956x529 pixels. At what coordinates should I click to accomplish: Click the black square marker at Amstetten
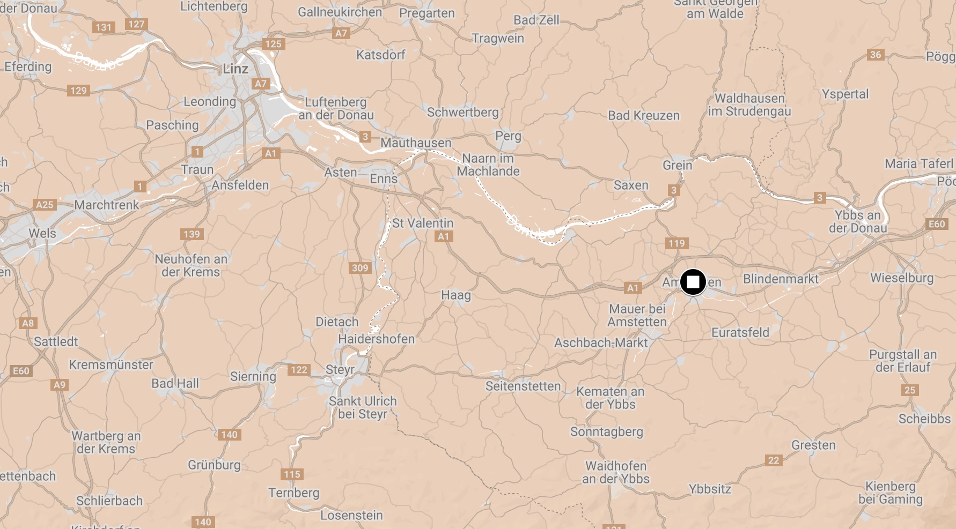coord(693,282)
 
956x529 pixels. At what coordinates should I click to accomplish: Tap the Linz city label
coord(236,69)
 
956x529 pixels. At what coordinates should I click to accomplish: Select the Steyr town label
coord(340,370)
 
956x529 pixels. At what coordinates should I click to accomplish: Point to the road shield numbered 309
coord(360,268)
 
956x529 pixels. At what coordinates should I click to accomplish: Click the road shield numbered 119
coord(676,243)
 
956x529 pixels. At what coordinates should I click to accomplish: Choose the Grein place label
coord(677,165)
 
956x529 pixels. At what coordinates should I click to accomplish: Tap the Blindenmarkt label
coord(781,279)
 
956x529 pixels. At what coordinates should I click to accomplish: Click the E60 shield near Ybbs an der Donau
coord(937,224)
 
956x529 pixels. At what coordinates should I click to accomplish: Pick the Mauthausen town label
coord(416,143)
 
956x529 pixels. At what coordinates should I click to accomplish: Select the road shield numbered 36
coord(876,55)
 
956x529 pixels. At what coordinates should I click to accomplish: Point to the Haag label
coord(455,295)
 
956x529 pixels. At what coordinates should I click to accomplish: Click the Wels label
coord(42,233)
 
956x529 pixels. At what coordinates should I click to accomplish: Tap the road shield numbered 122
coord(299,370)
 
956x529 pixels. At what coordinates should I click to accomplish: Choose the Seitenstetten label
coord(523,386)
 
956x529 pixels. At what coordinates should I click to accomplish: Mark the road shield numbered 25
coord(910,390)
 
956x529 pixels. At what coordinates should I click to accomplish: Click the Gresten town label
coord(813,445)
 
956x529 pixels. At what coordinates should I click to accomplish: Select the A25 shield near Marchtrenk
coord(45,205)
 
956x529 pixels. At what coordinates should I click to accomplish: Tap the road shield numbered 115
coord(292,474)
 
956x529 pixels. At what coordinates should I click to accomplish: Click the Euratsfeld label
coord(740,333)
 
